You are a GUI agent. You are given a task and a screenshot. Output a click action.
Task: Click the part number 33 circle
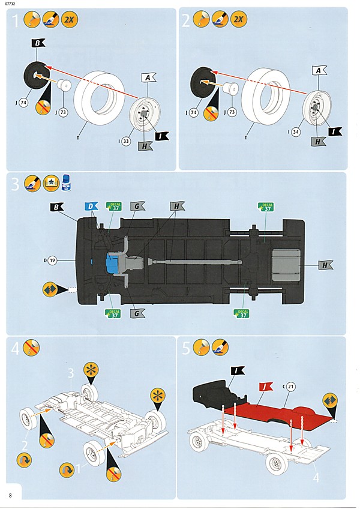click(x=125, y=142)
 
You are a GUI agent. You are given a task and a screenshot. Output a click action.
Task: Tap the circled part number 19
click(x=53, y=261)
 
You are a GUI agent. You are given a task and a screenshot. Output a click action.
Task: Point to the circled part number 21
click(x=291, y=386)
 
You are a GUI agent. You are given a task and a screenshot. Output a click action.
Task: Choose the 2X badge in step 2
click(x=238, y=20)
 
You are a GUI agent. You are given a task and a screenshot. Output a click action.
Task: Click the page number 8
click(x=10, y=495)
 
